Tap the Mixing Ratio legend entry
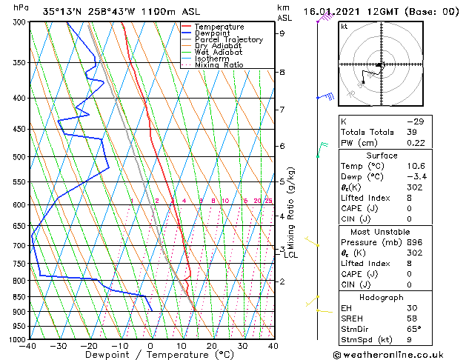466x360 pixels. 219,65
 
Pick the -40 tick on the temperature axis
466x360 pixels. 28,346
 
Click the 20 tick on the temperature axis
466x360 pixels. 212,346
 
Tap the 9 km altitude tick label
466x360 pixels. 282,33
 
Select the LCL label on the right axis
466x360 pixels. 291,256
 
